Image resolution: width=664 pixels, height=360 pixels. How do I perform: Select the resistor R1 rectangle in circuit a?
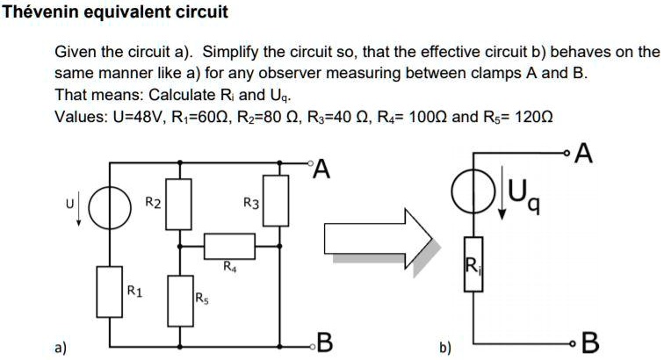click(x=110, y=292)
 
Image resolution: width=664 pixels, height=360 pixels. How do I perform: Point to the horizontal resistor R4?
click(x=229, y=243)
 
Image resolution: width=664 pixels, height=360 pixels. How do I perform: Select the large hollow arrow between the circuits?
click(x=378, y=237)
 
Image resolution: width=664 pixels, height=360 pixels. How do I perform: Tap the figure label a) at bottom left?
click(x=61, y=346)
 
